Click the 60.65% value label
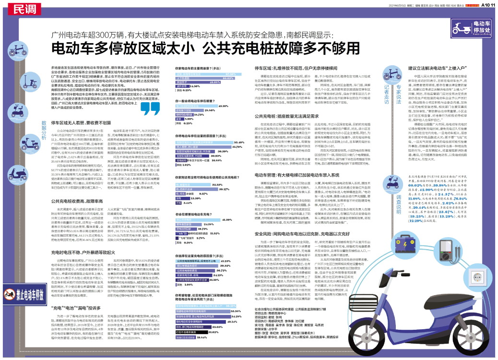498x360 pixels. tap(228, 77)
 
